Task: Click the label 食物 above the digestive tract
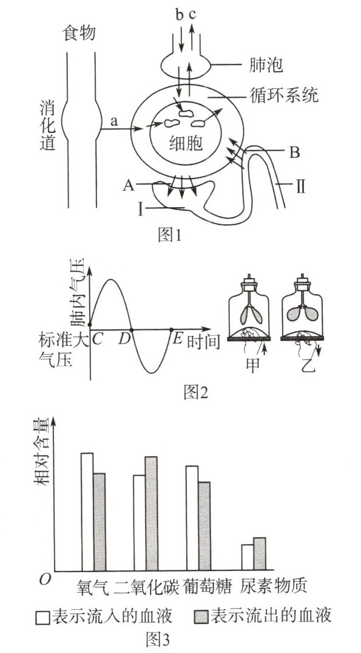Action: tap(78, 33)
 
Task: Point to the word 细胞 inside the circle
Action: tap(186, 143)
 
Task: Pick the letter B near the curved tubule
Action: tap(294, 153)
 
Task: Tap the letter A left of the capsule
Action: tap(129, 186)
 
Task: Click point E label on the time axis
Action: tap(177, 339)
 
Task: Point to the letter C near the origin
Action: tap(97, 340)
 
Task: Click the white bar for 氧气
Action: tap(87, 512)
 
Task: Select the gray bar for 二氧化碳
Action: tap(152, 513)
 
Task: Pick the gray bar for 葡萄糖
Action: tap(204, 527)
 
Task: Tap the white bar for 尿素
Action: tap(248, 558)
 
